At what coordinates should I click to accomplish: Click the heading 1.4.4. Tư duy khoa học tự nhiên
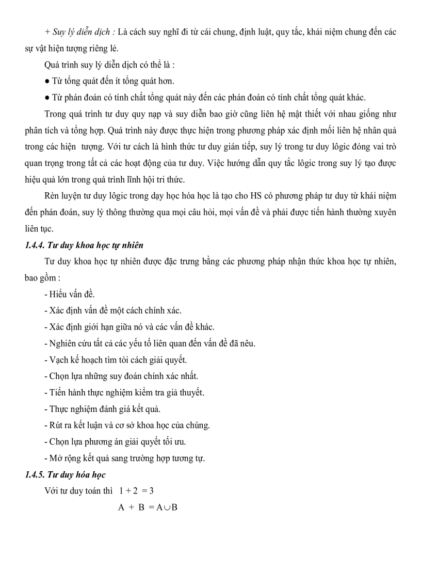(84, 245)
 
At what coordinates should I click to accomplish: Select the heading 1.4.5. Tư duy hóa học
(65, 475)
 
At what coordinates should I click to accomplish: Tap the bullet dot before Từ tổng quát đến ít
(47, 81)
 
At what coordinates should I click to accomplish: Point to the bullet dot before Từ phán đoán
(47, 98)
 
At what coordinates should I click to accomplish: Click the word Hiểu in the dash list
(59, 294)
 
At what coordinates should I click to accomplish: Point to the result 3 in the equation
(152, 491)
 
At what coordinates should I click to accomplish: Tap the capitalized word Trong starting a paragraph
(55, 114)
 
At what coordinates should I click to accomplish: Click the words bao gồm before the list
(39, 278)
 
